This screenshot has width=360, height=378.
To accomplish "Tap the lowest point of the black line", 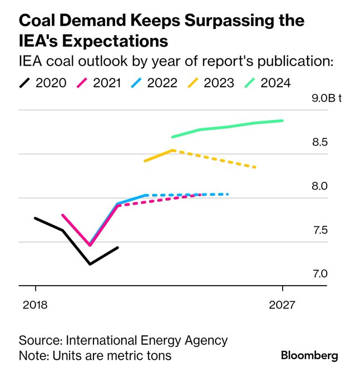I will pos(90,263).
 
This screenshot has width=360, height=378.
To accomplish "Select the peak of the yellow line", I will pos(173,150).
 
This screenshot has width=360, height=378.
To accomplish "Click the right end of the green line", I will pos(283,120).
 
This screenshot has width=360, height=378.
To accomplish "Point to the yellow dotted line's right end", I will pos(255,167).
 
